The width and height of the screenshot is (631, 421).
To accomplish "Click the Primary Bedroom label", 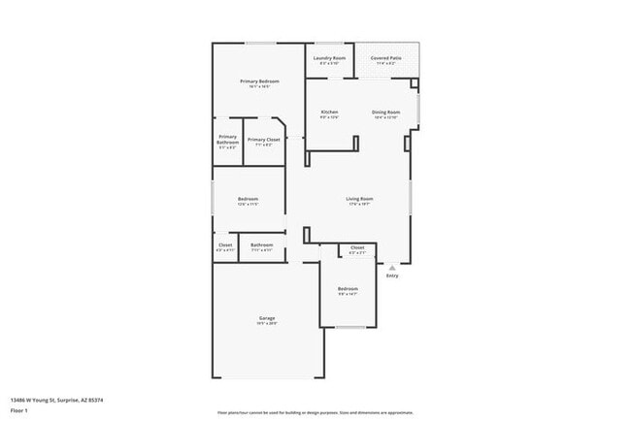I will click(x=259, y=81).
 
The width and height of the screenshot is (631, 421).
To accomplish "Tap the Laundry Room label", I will click(x=329, y=58).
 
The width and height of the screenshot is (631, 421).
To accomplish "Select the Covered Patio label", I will click(x=387, y=58).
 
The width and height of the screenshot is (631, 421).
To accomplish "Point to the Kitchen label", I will click(x=329, y=112).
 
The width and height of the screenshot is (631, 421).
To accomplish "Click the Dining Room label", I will click(x=385, y=112).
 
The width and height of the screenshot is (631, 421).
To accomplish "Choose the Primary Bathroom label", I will click(x=227, y=140).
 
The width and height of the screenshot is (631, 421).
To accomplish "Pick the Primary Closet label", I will click(x=262, y=140).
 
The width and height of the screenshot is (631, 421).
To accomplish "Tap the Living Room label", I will click(x=359, y=199).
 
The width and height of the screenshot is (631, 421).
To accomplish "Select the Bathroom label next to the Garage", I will click(x=261, y=244).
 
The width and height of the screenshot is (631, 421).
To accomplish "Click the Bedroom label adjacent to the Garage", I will click(x=348, y=289).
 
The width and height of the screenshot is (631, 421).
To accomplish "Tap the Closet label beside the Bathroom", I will click(x=225, y=244).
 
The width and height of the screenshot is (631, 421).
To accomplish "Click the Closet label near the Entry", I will click(x=357, y=247).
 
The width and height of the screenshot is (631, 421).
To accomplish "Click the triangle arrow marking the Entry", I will click(x=392, y=267).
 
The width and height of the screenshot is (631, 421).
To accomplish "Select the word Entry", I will click(x=392, y=275).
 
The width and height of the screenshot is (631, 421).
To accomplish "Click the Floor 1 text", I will click(x=19, y=410).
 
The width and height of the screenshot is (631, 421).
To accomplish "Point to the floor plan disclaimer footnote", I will click(x=315, y=412).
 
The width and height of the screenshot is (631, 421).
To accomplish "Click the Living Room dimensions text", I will click(x=359, y=205).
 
